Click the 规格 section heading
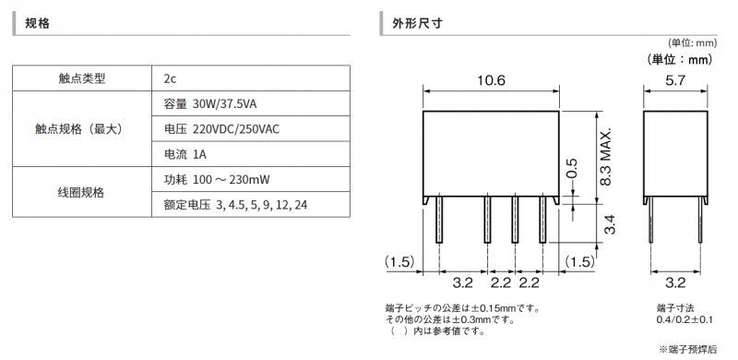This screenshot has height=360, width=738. click(37, 23)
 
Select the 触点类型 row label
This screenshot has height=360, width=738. click(82, 78)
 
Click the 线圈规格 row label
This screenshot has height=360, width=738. click(82, 192)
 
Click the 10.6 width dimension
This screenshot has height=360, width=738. click(491, 80)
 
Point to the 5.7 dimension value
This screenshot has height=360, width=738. click(675, 80)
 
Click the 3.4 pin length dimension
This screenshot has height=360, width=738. click(610, 223)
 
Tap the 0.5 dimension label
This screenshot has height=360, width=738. click(571, 169)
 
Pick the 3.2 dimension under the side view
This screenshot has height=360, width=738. click(675, 282)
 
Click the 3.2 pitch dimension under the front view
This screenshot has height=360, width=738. click(462, 282)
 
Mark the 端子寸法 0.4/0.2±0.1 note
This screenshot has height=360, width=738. click(684, 314)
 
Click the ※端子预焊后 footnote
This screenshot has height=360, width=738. click(687, 349)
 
